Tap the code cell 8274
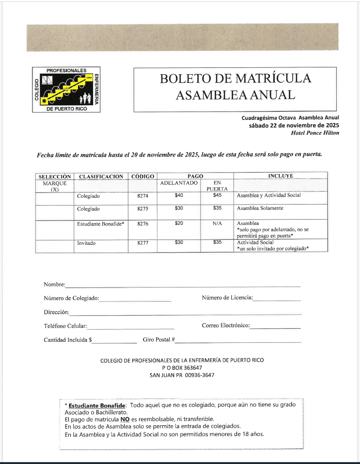(142, 196)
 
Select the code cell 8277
(142, 243)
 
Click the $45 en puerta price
(217, 195)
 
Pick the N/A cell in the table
(217, 224)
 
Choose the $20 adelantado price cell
(178, 224)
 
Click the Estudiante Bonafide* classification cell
(101, 224)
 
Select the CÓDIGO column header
(142, 176)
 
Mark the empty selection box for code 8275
(55, 209)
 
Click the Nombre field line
(183, 285)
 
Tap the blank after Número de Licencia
(277, 299)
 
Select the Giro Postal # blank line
(238, 341)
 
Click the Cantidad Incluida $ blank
(115, 341)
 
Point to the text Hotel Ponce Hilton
(315, 133)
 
